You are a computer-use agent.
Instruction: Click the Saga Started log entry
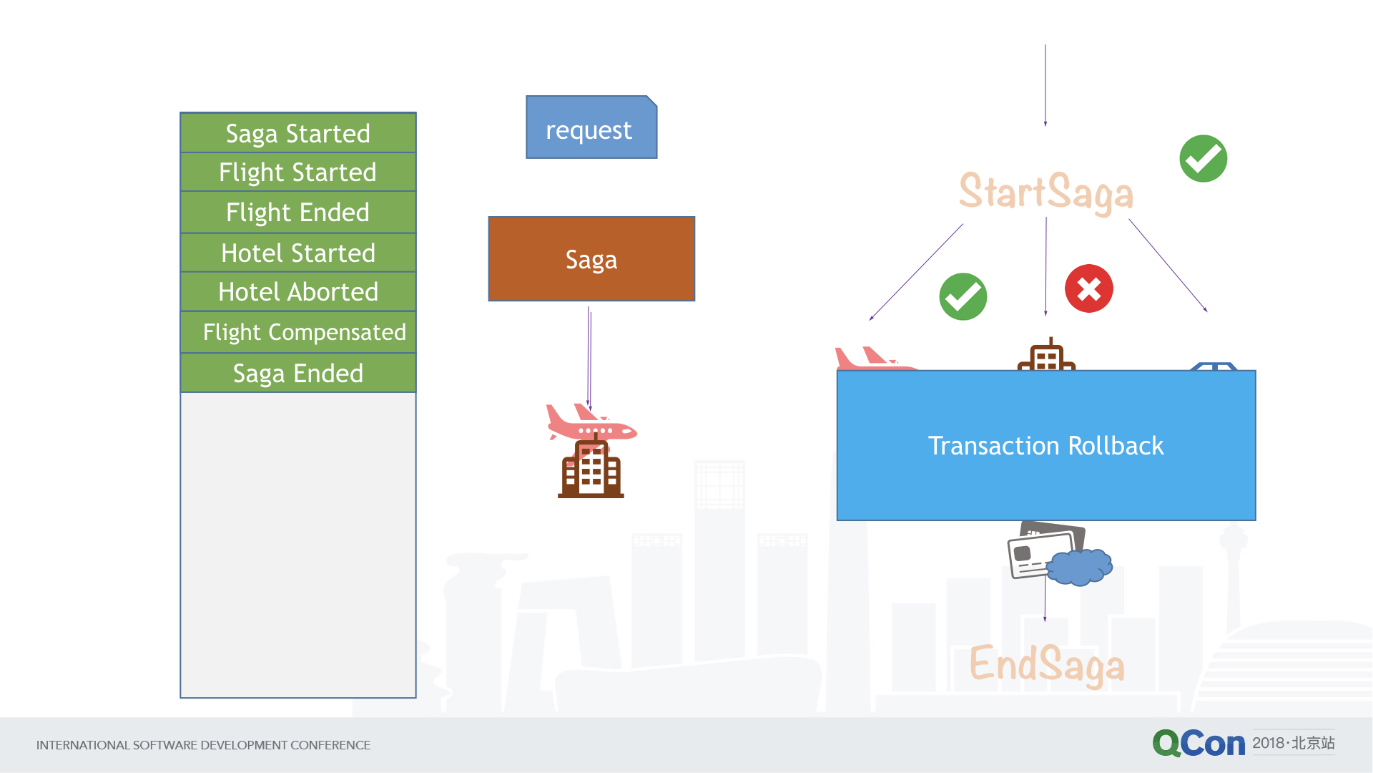[298, 133]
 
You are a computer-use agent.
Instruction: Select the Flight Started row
[298, 172]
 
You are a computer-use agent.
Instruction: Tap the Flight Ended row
[298, 213]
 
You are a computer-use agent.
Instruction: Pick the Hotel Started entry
[298, 253]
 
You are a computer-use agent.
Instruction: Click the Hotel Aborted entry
[298, 292]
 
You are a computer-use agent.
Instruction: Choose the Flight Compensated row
[298, 332]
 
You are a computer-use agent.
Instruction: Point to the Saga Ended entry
[298, 373]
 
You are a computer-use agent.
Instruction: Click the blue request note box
[591, 127]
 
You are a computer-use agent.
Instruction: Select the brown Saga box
[591, 259]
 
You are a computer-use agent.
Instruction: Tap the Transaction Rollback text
[1045, 446]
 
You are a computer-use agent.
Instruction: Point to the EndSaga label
[1047, 665]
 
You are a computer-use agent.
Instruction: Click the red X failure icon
[1089, 289]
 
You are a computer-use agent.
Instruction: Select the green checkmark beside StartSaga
[1204, 158]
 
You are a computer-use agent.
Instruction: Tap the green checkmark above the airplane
[963, 296]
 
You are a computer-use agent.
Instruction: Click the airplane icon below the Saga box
[591, 423]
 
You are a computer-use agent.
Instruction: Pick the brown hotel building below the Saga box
[591, 469]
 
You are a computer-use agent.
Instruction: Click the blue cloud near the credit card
[1080, 567]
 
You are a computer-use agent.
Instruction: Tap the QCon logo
[1199, 744]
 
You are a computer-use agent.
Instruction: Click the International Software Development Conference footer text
[203, 745]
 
